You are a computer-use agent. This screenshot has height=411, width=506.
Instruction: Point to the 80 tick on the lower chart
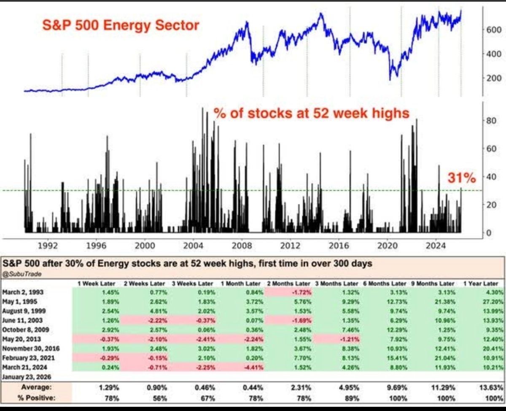tap(492, 121)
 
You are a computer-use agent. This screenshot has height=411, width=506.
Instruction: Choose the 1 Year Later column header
tap(481, 284)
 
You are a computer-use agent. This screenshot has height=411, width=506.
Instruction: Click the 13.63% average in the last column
tap(489, 387)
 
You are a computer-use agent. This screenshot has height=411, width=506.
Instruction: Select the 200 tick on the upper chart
tap(494, 78)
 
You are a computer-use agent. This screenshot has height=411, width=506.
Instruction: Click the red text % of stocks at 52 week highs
tap(311, 114)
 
